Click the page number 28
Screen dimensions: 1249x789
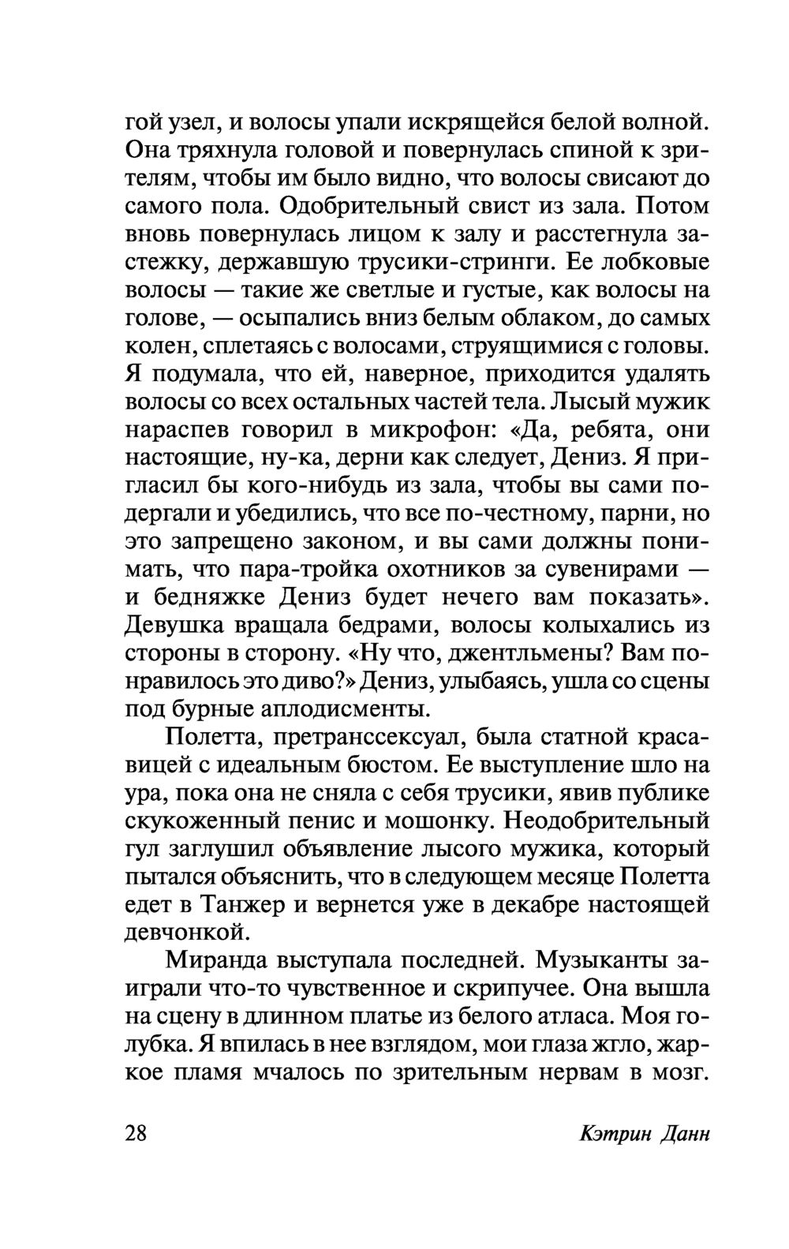141,1134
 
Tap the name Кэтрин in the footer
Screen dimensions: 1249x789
612,1135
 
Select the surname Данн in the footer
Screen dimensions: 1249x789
683,1135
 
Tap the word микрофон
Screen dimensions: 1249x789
428,431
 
